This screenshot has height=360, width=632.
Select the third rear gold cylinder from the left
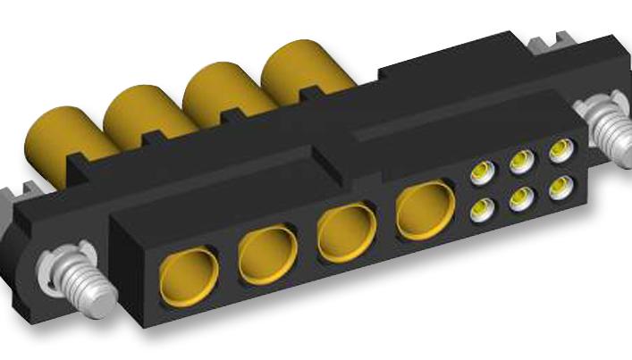[215, 93]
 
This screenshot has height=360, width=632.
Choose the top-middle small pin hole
[520, 162]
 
